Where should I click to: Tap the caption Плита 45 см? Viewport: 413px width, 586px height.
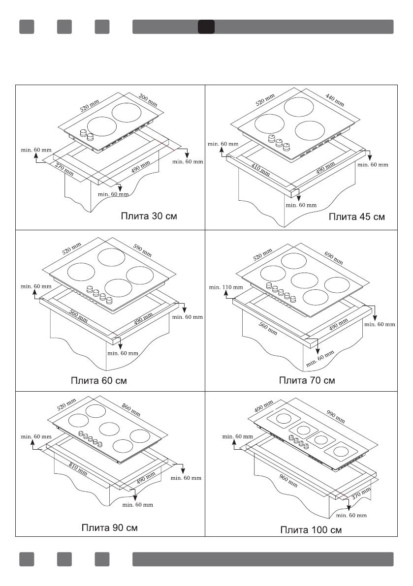click(357, 216)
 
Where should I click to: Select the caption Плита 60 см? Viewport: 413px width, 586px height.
click(100, 380)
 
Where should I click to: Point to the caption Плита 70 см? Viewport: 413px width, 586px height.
click(307, 380)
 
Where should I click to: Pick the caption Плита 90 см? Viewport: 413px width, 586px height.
click(109, 527)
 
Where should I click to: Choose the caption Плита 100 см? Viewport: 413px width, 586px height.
click(311, 529)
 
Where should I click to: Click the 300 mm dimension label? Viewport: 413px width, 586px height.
click(148, 100)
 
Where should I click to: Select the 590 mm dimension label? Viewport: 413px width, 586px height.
click(143, 251)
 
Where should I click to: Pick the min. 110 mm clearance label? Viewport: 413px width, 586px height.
click(226, 287)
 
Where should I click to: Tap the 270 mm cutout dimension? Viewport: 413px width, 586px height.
click(64, 169)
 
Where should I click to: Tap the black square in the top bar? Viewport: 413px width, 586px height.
click(206, 27)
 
